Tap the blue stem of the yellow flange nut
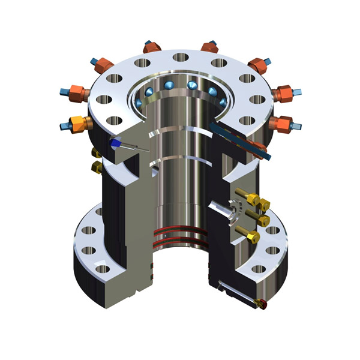click(x=65, y=127)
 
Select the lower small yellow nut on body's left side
click(x=95, y=166)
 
